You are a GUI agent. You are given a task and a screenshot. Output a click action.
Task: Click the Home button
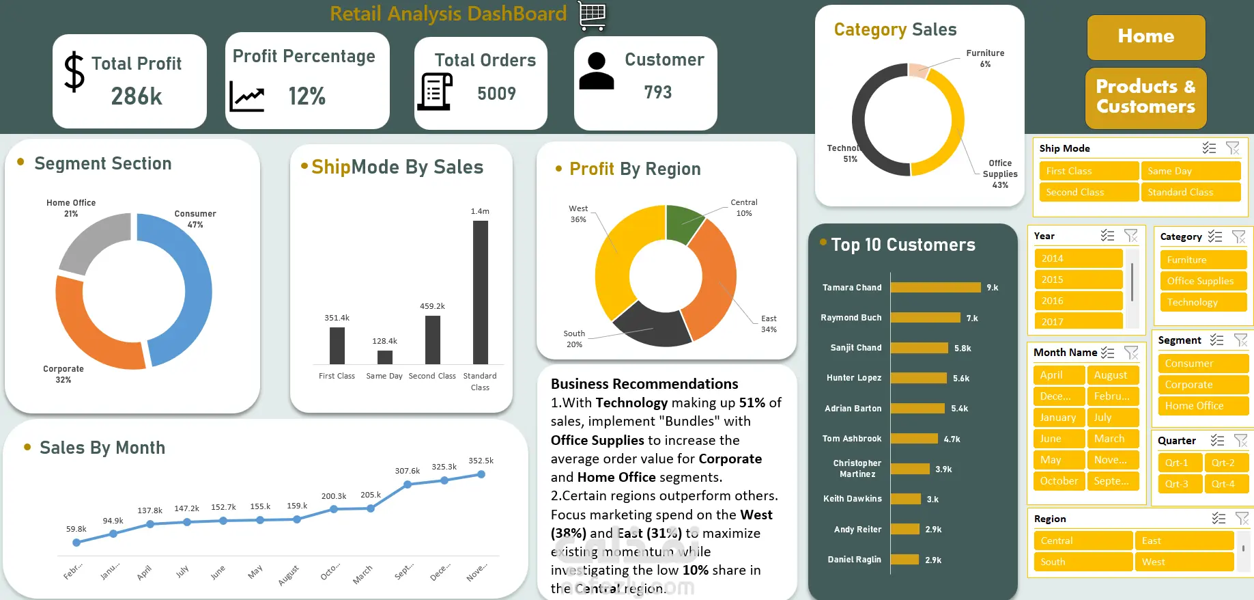coord(1145,37)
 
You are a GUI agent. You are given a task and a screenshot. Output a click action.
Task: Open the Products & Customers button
coord(1145,97)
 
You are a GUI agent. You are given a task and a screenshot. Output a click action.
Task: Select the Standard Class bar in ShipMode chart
coord(480,292)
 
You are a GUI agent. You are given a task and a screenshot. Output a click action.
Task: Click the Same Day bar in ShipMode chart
coord(385,357)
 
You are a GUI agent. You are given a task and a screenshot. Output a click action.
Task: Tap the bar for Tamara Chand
coord(935,288)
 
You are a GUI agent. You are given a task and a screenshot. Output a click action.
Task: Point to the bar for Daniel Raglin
coord(904,560)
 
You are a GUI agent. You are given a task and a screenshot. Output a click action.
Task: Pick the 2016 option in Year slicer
coord(1078,301)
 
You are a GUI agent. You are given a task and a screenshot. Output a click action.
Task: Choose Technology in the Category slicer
coord(1202,302)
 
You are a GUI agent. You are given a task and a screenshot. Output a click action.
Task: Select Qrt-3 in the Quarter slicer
coord(1179,484)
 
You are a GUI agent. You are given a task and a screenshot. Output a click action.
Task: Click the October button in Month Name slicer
coord(1059,481)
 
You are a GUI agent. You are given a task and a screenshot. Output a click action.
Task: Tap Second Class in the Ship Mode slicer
coord(1087,192)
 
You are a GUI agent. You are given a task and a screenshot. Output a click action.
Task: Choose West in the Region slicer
coord(1184,562)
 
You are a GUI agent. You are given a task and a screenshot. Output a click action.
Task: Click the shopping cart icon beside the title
coord(592,15)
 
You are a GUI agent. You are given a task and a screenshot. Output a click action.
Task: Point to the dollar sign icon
coord(74,72)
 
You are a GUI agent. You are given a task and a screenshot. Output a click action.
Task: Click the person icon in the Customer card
coord(597,71)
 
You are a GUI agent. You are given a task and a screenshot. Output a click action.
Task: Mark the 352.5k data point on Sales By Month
coord(481,474)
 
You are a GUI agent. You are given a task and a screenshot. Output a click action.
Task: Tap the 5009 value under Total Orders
coord(496,94)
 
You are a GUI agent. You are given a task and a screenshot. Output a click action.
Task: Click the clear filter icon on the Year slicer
coord(1130,236)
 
